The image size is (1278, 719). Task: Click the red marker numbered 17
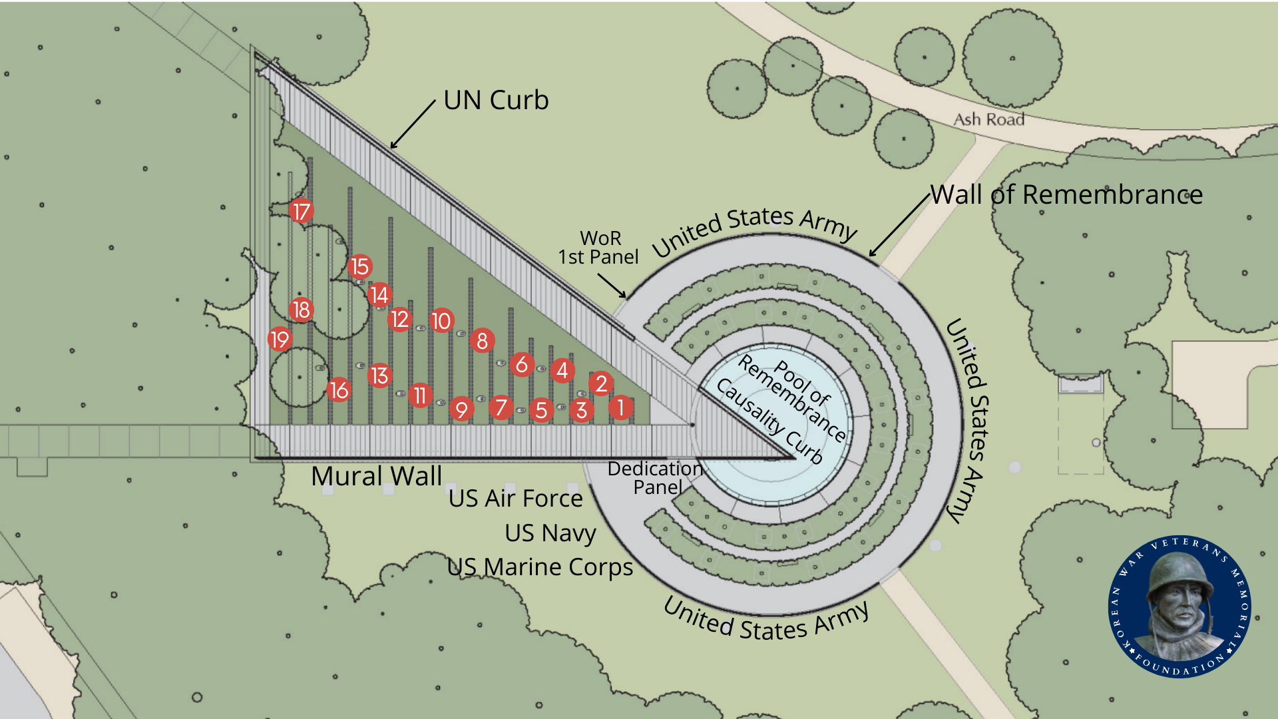(x=302, y=212)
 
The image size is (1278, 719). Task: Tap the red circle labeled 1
(x=620, y=407)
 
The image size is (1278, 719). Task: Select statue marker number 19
(x=280, y=340)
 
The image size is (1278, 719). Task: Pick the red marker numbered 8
(x=482, y=341)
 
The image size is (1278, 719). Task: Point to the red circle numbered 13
(x=379, y=375)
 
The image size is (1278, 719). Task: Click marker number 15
(x=360, y=266)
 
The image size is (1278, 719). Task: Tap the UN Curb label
(x=496, y=101)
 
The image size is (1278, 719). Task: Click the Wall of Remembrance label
(x=1066, y=194)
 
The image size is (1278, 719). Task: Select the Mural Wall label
(x=376, y=476)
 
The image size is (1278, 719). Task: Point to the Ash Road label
(x=988, y=119)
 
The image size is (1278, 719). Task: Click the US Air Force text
(x=515, y=498)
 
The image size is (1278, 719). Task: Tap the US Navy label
(x=550, y=533)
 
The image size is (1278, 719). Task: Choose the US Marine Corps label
(x=540, y=567)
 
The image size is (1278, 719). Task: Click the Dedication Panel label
(x=656, y=477)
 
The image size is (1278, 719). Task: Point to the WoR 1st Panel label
(x=598, y=247)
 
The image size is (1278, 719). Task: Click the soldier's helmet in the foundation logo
(x=1180, y=570)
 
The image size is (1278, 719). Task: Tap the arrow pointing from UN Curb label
(x=413, y=125)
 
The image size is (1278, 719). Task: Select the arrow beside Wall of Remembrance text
(x=899, y=226)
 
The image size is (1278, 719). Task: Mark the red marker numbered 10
(x=441, y=321)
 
